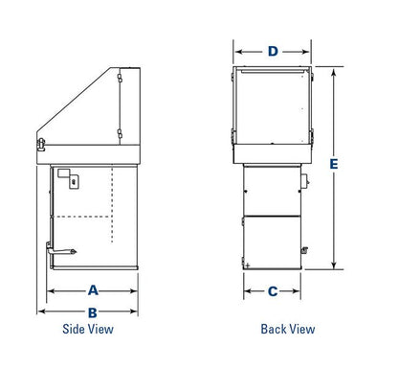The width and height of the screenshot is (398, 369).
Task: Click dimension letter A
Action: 93,290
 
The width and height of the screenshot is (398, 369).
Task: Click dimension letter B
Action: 93,312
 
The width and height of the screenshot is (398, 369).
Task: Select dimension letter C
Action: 273,291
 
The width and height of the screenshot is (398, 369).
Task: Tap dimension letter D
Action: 273,51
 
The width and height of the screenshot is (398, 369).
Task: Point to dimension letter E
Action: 334,164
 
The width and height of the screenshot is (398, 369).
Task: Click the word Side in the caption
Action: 72,329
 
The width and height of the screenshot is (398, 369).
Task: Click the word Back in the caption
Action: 272,329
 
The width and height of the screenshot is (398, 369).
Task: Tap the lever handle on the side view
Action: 61,250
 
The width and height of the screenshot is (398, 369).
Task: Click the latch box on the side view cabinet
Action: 75,182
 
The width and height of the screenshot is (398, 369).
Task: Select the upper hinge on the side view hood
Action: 120,79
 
